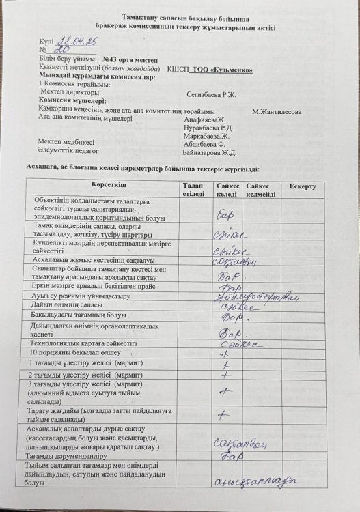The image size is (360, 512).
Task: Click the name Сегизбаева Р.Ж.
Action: [x=210, y=94]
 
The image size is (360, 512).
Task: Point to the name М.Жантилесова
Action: [x=277, y=111]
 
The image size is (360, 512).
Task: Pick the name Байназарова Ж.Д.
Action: [x=210, y=153]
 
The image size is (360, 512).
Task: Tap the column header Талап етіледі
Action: [x=193, y=190]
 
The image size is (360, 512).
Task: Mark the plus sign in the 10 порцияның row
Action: [x=223, y=354]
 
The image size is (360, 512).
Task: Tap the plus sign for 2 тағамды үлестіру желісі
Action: [x=225, y=375]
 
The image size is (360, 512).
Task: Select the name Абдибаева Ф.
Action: [x=205, y=145]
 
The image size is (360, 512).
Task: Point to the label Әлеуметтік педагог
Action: [x=69, y=150]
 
